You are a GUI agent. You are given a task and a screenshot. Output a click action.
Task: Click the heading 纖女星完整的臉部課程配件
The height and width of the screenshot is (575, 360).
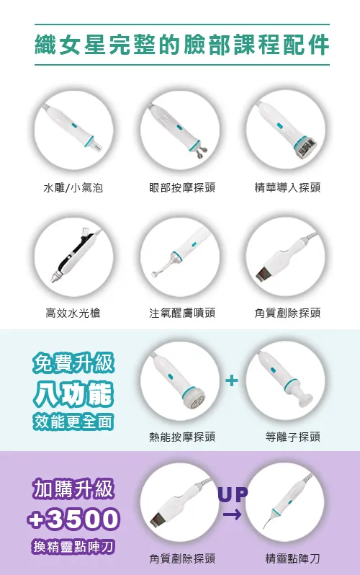point(182,45)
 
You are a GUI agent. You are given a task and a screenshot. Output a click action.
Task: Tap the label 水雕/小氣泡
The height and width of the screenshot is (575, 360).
point(73,188)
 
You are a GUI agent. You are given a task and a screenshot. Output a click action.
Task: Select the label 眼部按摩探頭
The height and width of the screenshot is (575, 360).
point(182,188)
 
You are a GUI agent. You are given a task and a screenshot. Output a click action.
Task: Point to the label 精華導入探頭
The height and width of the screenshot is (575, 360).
point(288,188)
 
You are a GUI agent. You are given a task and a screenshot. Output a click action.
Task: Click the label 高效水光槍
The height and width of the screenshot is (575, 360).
point(73,313)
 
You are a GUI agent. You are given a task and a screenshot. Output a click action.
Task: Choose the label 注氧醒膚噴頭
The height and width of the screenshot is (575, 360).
point(182,313)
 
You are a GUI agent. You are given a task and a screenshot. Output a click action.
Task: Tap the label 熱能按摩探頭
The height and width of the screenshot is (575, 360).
point(182,437)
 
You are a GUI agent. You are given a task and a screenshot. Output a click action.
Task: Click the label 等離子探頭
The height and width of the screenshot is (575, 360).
point(293,437)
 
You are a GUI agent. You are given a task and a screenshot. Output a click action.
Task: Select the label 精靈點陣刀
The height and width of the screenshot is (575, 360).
point(293,558)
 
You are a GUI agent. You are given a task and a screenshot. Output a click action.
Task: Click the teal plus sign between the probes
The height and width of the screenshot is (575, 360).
point(232,380)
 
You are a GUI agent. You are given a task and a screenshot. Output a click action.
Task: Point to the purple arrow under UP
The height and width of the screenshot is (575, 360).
point(232,514)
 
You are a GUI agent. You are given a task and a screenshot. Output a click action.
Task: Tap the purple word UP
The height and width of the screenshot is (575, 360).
point(233,494)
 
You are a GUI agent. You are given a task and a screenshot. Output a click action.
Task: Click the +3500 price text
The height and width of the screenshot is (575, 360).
point(73,519)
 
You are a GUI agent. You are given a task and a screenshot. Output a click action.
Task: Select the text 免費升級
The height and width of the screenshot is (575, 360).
point(73,363)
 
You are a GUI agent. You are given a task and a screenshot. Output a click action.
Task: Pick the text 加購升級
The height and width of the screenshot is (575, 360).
point(73,489)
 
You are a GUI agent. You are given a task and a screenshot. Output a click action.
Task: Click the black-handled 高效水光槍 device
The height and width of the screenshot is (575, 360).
point(75,255)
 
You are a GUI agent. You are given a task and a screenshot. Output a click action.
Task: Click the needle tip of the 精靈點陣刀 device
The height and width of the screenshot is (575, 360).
point(264,527)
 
